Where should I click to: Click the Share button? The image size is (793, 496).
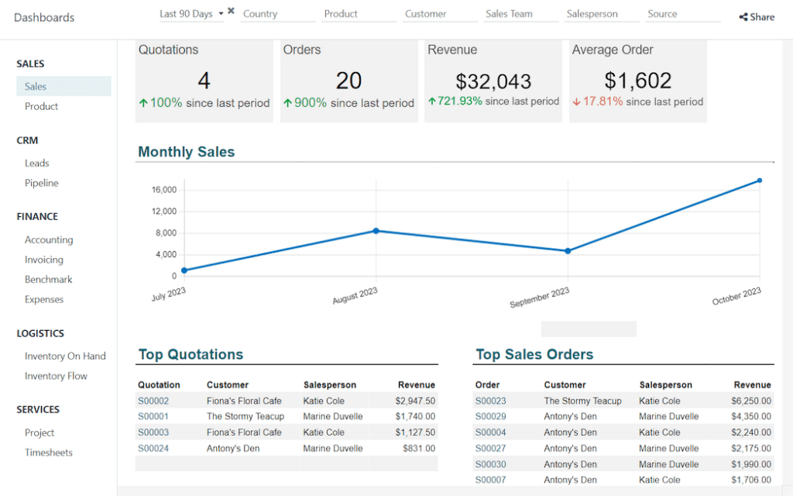tap(757, 17)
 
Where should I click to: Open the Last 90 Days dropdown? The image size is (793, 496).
tap(191, 14)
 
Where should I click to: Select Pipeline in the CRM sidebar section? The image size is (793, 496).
tap(41, 183)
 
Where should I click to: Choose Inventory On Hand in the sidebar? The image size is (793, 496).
tap(65, 356)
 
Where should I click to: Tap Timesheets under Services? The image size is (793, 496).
tap(48, 453)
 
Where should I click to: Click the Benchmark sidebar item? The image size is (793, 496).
tap(48, 279)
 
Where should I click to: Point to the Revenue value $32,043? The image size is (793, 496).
tap(493, 81)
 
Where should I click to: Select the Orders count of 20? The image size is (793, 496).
tap(348, 81)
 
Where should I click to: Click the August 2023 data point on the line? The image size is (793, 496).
tap(376, 231)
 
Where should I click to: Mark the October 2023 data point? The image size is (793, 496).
tap(760, 181)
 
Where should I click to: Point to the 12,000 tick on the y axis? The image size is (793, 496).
tap(164, 212)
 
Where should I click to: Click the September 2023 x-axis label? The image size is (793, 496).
tap(539, 298)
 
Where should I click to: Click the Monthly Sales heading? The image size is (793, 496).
tap(186, 152)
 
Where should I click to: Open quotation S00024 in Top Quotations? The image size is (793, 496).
tap(153, 448)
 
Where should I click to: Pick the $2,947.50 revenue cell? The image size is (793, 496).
tap(414, 401)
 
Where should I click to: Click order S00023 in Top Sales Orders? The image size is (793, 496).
tap(490, 401)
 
